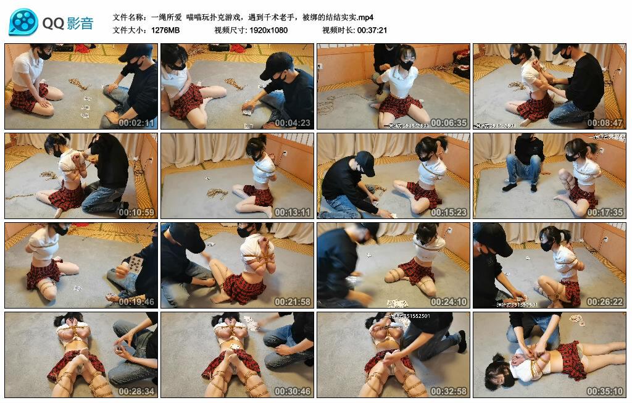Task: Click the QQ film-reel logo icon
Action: [23, 22]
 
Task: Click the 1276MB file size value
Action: [165, 30]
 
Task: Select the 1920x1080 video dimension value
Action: [268, 30]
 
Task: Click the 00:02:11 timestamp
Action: [137, 123]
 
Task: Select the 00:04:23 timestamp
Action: [293, 123]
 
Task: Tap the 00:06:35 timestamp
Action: [449, 123]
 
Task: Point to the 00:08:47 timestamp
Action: [605, 123]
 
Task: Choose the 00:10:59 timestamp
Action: [137, 212]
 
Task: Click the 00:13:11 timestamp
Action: [293, 212]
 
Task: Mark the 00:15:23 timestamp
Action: [449, 212]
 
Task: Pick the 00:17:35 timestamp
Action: [605, 212]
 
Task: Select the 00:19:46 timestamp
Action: [137, 302]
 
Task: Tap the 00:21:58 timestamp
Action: [293, 302]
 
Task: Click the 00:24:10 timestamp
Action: [449, 302]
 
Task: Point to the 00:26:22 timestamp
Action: [605, 302]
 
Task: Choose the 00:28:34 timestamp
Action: [137, 391]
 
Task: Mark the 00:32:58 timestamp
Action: [449, 391]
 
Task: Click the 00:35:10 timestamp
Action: [605, 391]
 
